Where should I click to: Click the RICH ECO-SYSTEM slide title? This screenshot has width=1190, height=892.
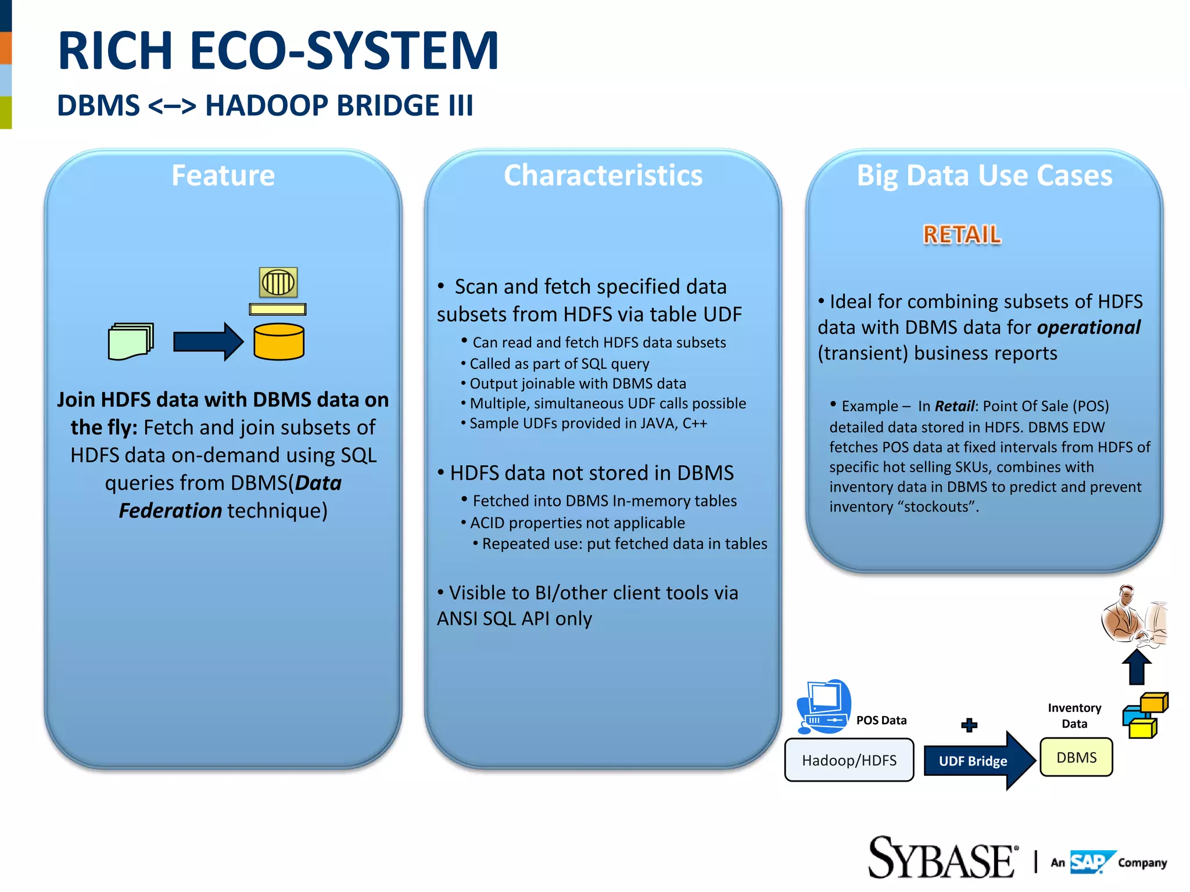[x=278, y=51]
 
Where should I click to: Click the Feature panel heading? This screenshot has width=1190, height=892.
[x=223, y=175]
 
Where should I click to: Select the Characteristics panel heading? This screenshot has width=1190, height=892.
[x=603, y=175]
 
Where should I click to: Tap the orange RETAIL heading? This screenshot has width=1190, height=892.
[x=962, y=235]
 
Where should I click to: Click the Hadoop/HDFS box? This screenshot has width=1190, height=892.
[x=849, y=760]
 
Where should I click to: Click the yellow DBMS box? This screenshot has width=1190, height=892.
[x=1076, y=757]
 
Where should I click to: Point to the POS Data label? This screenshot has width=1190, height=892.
[x=881, y=720]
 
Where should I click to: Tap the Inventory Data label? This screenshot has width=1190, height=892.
[x=1074, y=715]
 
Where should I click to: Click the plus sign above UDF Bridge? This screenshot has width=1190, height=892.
[x=969, y=725]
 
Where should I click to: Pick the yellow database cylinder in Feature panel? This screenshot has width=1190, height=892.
[x=279, y=342]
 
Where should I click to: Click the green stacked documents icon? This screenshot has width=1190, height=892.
[x=131, y=341]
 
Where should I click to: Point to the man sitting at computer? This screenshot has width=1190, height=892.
[x=1133, y=616]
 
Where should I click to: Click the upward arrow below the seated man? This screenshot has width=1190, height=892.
[x=1137, y=668]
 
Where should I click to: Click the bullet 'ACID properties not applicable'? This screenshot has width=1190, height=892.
[x=577, y=523]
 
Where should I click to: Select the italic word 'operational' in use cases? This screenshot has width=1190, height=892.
[x=1089, y=328]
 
